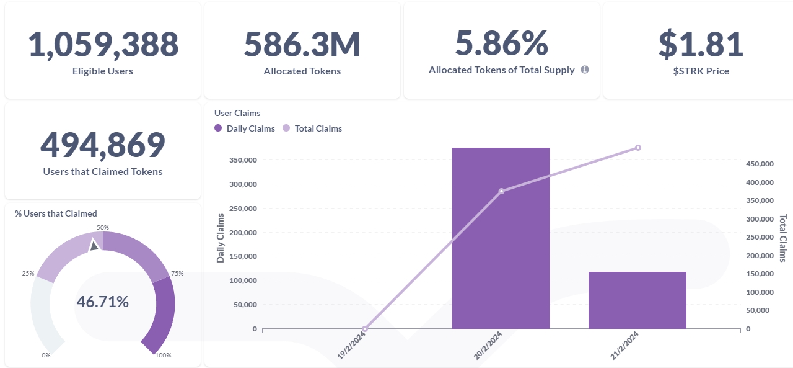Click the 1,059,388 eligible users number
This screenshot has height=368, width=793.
[x=103, y=45]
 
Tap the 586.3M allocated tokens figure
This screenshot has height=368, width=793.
[x=302, y=44]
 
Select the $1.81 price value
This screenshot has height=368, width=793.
[x=701, y=44]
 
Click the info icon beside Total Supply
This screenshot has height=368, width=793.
[x=585, y=70]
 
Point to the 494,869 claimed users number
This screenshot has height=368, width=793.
[x=103, y=145]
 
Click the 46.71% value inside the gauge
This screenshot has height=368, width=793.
[x=103, y=302]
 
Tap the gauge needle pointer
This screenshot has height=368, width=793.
[x=94, y=245]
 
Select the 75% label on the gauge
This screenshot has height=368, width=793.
[x=177, y=273]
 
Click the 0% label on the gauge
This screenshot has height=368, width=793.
[x=46, y=355]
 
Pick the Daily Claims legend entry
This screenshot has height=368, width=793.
[x=245, y=128]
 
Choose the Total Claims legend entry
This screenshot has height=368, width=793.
[x=312, y=128]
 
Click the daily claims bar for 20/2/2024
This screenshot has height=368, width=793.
[x=501, y=238]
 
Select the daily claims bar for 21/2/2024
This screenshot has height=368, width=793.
[x=637, y=300]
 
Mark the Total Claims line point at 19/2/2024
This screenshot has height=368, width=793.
[x=365, y=329]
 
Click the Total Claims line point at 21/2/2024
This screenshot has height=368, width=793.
[x=638, y=148]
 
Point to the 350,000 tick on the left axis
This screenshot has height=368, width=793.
[x=243, y=160]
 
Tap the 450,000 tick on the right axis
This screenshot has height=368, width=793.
[x=760, y=164]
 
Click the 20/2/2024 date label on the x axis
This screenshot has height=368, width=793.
[x=488, y=345]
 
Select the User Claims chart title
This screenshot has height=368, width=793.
[x=237, y=113]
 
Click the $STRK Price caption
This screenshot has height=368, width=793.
[x=701, y=71]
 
